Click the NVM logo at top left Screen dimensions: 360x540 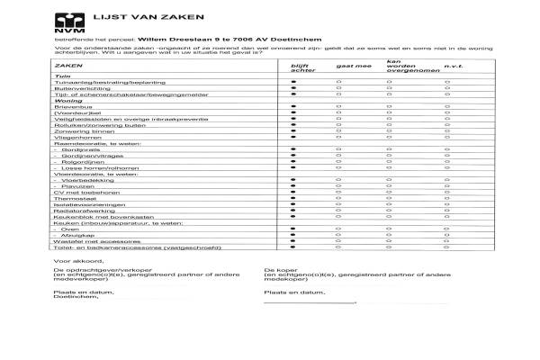coord(67,22)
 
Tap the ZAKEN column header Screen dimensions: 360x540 coord(65,67)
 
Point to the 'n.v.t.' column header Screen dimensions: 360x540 coord(453,67)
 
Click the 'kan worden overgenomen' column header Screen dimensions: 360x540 coord(400,66)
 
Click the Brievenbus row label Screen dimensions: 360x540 coord(73,107)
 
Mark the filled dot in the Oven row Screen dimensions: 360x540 coord(293,229)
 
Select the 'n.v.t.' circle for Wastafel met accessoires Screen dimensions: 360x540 coord(447,243)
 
